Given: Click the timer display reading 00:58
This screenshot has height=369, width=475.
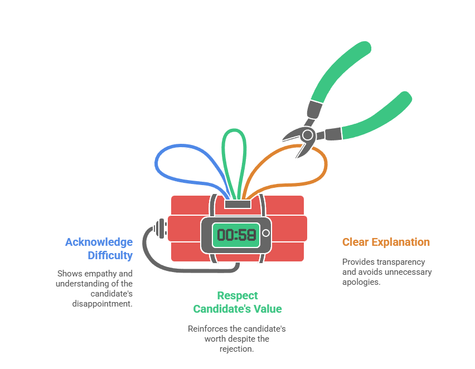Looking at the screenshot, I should (x=236, y=235).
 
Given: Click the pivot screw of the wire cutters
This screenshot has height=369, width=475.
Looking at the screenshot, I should (x=307, y=134).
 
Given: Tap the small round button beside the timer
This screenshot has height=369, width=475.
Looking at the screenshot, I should (x=266, y=233).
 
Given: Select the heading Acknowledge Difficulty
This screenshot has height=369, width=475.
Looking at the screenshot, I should (x=99, y=249).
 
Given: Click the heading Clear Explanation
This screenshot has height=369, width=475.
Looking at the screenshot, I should (x=386, y=242).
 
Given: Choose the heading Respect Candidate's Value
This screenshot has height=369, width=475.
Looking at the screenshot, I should (x=237, y=302).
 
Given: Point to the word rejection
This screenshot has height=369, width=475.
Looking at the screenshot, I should (x=237, y=349).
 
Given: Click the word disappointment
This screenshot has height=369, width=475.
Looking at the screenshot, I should (x=102, y=304).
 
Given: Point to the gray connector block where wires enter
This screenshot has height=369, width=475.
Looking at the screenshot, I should (x=237, y=205).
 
